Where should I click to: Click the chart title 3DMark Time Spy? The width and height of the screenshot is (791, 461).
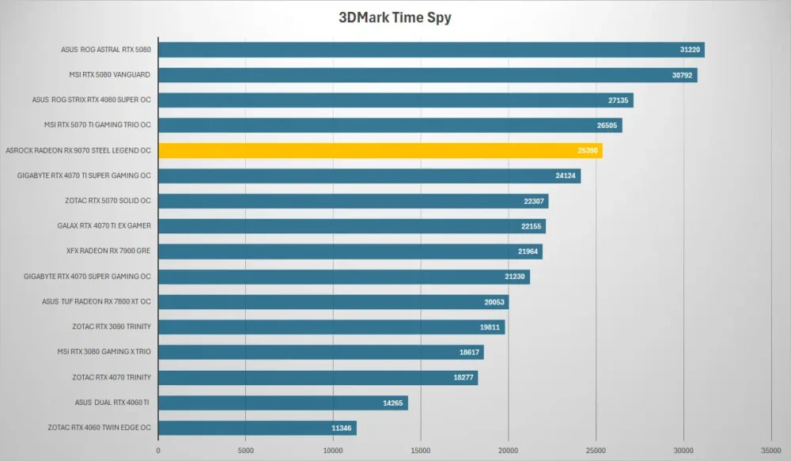[x=395, y=17]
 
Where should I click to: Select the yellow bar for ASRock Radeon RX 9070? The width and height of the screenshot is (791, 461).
[x=380, y=150]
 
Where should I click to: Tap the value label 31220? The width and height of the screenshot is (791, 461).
[x=690, y=50]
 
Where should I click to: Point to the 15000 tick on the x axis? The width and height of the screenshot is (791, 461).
[x=421, y=451]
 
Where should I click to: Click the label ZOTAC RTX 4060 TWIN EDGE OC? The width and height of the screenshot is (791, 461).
[x=100, y=428]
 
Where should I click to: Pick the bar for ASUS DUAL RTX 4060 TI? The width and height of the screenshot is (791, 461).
[x=283, y=402]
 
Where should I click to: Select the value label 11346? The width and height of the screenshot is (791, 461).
[x=342, y=429]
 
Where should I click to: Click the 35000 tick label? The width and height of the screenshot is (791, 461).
[x=770, y=451]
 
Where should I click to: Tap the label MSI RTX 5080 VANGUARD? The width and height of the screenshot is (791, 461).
[x=109, y=74]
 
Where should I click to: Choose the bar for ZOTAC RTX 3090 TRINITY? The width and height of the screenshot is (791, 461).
[x=331, y=327]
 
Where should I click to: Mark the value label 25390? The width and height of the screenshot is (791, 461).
[x=588, y=150]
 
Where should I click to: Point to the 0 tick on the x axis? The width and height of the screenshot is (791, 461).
[x=158, y=451]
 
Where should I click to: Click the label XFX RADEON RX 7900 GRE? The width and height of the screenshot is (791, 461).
[x=108, y=251]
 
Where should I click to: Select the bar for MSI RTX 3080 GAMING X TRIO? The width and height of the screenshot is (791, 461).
[x=321, y=352]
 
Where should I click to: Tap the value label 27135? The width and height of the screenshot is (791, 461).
[x=618, y=100]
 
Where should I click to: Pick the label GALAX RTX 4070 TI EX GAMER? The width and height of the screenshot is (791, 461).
[x=104, y=226]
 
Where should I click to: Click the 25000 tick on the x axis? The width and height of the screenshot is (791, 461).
[x=596, y=451]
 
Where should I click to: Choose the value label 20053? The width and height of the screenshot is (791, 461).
[x=494, y=302]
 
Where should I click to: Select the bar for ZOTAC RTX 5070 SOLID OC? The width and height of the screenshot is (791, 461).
[x=353, y=201]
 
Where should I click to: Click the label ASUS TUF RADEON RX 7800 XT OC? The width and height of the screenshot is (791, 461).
[x=97, y=301]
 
